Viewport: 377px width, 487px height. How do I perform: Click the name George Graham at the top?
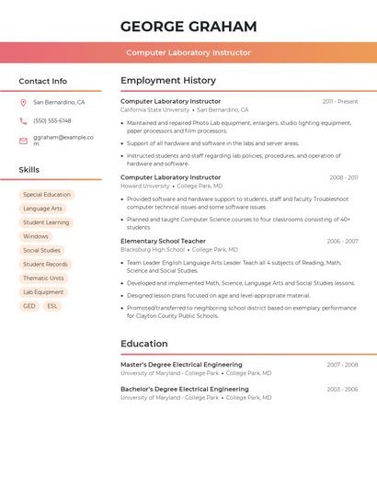click(188, 27)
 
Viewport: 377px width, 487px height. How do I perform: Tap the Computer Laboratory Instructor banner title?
click(188, 53)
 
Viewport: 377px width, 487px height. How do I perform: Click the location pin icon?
click(23, 103)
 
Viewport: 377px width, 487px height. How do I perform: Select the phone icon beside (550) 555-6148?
click(23, 120)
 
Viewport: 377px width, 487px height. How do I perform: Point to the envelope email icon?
click(23, 140)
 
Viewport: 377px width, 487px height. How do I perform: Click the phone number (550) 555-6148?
click(52, 120)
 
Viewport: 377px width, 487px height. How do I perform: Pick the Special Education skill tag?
click(47, 195)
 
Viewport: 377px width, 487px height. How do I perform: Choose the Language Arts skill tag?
click(43, 209)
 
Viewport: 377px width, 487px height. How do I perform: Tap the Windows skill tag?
click(36, 236)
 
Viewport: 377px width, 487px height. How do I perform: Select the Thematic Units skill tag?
click(43, 278)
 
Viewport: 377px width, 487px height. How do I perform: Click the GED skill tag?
click(29, 306)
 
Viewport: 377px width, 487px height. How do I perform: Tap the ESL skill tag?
click(52, 306)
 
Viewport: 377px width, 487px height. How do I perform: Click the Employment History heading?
click(168, 81)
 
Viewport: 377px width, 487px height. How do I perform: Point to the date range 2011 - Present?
click(340, 101)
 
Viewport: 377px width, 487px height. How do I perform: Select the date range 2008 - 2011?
click(344, 177)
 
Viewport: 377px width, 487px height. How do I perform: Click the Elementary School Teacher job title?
click(164, 241)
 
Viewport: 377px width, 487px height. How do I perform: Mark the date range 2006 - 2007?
click(342, 241)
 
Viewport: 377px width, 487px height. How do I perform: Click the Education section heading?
click(144, 344)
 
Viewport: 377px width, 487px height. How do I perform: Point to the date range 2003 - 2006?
click(342, 390)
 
